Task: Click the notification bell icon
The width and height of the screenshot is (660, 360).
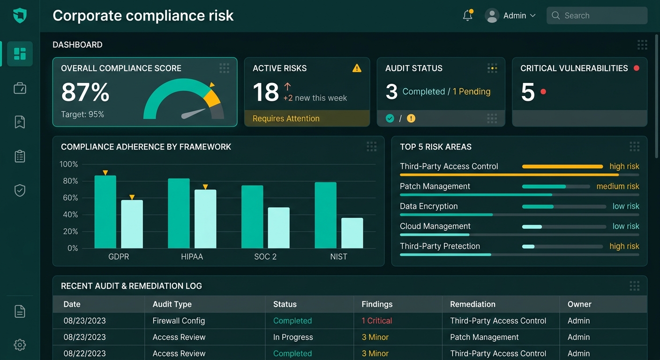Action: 468,15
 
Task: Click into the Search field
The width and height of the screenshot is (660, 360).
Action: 597,15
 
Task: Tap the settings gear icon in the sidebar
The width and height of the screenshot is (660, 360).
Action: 20,345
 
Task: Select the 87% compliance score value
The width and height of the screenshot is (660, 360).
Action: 85,92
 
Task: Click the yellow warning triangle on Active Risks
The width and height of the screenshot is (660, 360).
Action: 357,68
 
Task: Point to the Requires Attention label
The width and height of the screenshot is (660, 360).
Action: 286,119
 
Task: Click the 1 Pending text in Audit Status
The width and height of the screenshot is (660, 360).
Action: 472,91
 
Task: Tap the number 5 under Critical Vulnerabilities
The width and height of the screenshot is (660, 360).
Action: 527,92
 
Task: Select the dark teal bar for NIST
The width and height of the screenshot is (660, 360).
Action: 326,215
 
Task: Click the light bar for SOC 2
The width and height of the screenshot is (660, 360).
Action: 279,228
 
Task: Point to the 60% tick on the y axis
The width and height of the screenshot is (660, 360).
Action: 70,198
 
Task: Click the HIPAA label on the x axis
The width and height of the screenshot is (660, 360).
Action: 192,256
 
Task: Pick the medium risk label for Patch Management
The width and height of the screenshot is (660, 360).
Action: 618,186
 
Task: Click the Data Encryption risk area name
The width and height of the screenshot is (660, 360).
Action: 429,206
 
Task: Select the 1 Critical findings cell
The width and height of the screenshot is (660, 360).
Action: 377,321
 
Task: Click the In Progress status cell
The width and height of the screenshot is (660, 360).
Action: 293,337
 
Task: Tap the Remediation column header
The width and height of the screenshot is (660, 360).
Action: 472,304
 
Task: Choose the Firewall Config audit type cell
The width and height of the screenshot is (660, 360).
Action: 179,321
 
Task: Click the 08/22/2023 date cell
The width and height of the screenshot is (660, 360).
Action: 84,353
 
